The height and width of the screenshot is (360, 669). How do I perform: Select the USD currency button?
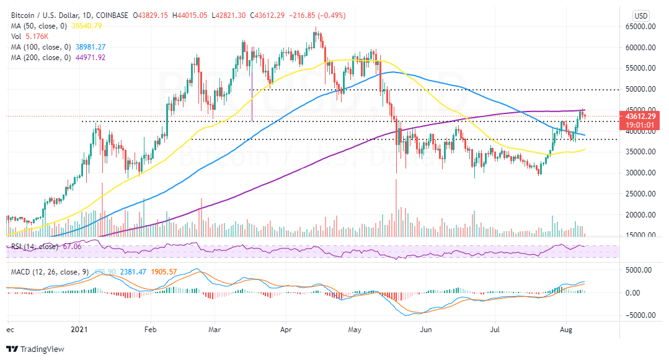pos(640,15)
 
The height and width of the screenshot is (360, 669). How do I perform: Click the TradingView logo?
pos(35,348)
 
